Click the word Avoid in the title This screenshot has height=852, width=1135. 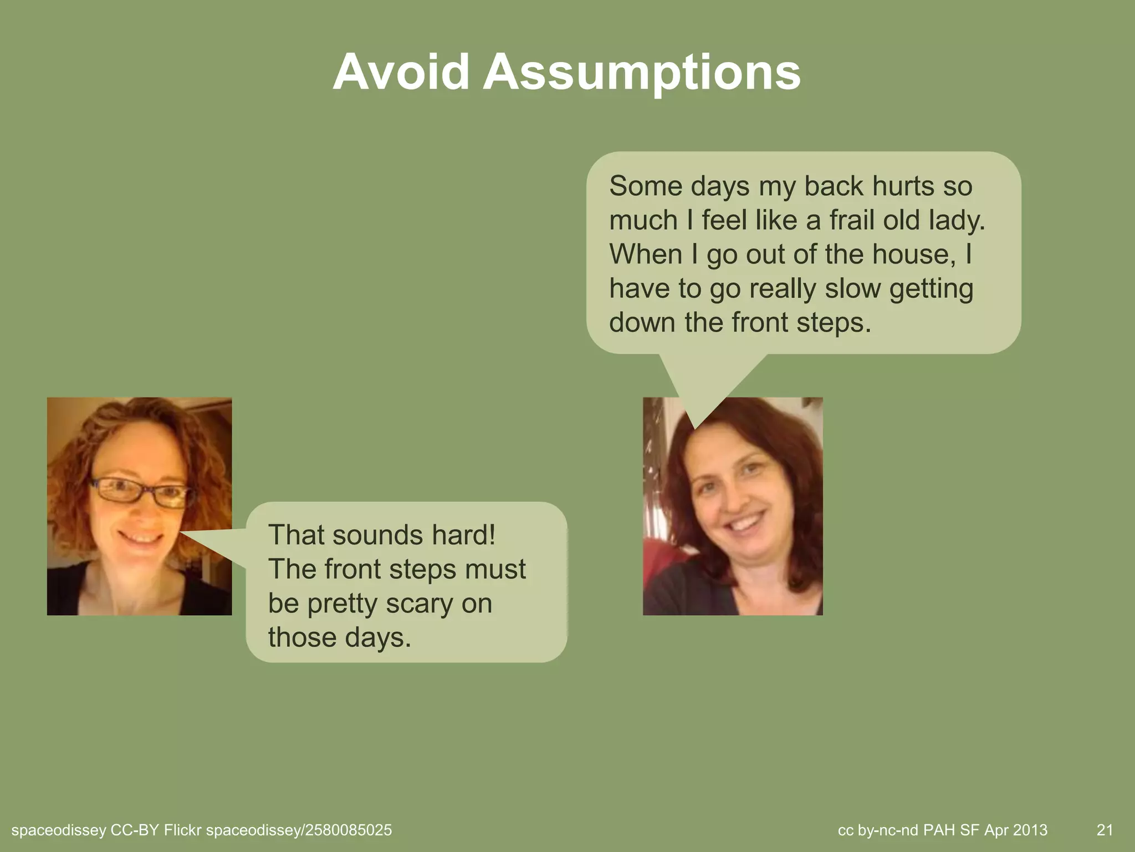coord(401,73)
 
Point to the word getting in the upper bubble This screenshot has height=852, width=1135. coord(931,289)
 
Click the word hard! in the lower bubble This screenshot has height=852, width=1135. coord(464,535)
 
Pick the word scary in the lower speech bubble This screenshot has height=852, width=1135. coord(419,603)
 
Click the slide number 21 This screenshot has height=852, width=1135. coord(1105,830)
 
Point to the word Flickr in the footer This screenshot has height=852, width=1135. coord(182,830)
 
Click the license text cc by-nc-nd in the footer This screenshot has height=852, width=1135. coord(878,830)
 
